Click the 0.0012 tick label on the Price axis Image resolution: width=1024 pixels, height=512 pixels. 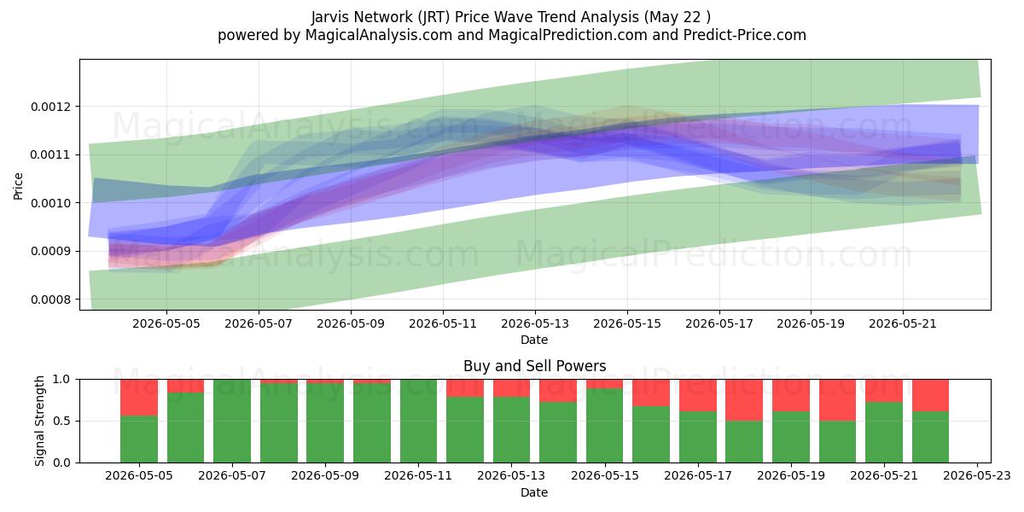tap(50, 107)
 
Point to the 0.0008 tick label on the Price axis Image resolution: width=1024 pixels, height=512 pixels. tap(50, 300)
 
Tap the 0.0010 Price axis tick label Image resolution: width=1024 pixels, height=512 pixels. tap(50, 203)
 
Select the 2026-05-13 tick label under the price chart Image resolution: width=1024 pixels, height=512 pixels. tap(535, 323)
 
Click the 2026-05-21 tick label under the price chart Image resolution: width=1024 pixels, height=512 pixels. tap(903, 323)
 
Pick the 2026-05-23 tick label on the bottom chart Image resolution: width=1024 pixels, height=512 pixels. tap(977, 476)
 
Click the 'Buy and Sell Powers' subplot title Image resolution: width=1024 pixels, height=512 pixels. tap(535, 366)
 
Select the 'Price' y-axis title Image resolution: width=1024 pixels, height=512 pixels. tap(18, 186)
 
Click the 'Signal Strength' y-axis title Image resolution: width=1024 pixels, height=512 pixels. tap(40, 421)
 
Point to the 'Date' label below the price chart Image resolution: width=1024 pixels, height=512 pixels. tap(534, 340)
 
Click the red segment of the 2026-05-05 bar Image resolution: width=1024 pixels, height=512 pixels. tap(139, 398)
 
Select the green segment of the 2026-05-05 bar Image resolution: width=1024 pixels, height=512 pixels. tap(139, 439)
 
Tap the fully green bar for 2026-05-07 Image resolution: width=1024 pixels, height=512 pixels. tap(232, 421)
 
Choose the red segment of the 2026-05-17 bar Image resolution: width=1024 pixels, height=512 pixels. tap(698, 395)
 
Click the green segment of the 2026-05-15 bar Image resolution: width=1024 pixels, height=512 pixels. tap(605, 426)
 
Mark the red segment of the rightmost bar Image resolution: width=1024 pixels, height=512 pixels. tap(931, 395)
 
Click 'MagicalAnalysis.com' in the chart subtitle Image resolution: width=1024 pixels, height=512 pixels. tap(379, 35)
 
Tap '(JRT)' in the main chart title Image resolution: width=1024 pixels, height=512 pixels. tap(433, 17)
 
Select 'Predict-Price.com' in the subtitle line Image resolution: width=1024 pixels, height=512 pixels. tap(745, 35)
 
